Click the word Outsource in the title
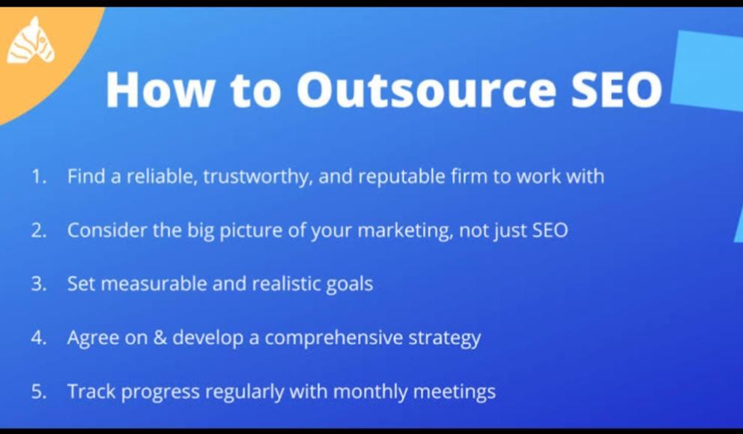coord(426,90)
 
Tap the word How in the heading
coord(160,90)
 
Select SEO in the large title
coord(616,90)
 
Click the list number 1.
coord(39,176)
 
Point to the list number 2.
coord(39,231)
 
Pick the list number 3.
coord(39,284)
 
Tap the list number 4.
coord(39,338)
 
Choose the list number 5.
coord(39,392)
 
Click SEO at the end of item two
coord(550,231)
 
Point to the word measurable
coord(154,284)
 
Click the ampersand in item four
coord(160,338)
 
